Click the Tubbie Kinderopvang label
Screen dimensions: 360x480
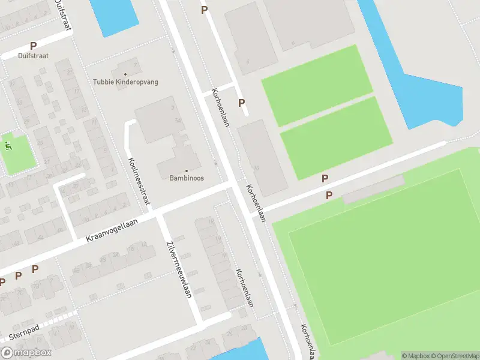tap(125, 82)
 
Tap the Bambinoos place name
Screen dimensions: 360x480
tap(186, 178)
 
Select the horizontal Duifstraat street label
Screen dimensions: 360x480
tap(33, 56)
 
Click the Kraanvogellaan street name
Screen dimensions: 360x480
tap(112, 231)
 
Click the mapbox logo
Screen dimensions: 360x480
tap(26, 352)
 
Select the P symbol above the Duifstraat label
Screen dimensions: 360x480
tap(33, 46)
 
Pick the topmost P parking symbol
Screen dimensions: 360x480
tap(204, 10)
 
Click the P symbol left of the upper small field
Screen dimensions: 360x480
tap(241, 103)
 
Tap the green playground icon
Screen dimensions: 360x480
tap(8, 145)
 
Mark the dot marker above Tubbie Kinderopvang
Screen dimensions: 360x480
tap(125, 74)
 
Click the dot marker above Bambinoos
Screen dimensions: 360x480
tap(186, 170)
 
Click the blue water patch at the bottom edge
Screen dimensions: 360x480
tap(240, 351)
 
